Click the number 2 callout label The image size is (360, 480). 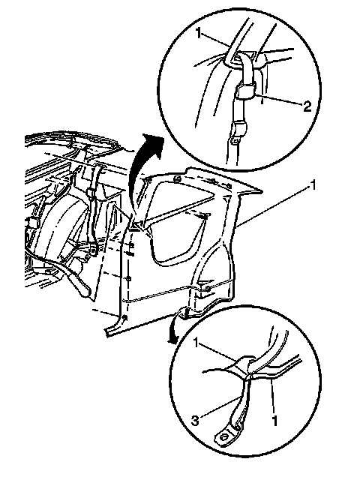[x=307, y=106]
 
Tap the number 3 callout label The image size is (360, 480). [x=195, y=420]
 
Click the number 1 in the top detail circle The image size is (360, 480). [x=199, y=33]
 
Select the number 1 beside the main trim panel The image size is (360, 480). [x=313, y=186]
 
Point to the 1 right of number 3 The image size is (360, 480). [x=275, y=421]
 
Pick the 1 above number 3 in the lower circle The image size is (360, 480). [x=196, y=343]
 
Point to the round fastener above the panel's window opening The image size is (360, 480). [x=177, y=178]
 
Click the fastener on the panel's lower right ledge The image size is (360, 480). [x=207, y=288]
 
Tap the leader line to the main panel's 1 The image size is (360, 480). [x=274, y=206]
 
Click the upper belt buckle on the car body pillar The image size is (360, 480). [x=91, y=193]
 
